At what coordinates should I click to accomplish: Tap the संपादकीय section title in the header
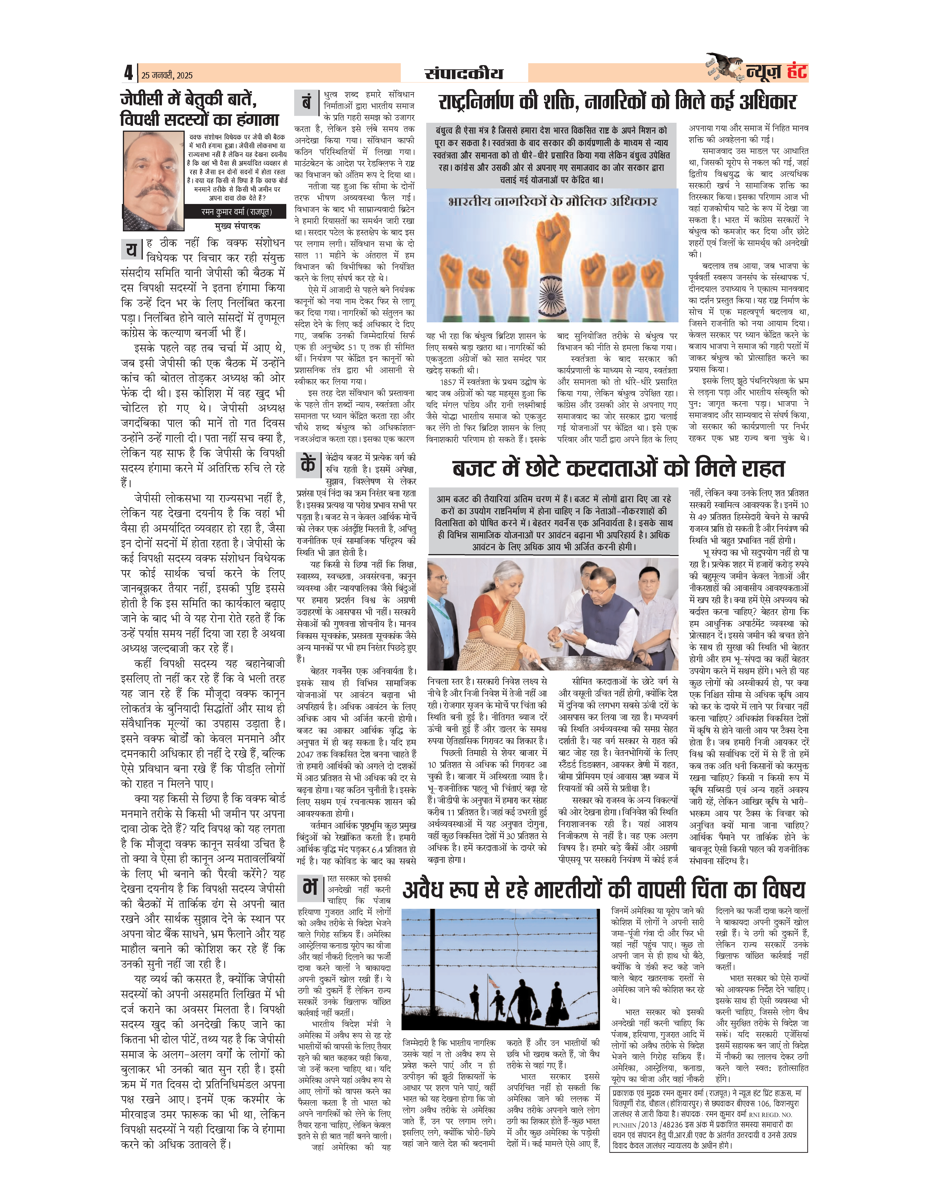point(463,73)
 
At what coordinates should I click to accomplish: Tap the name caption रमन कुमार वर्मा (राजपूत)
point(236,211)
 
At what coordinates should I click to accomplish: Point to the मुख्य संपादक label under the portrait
point(237,226)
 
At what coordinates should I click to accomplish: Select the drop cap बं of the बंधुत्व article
point(307,102)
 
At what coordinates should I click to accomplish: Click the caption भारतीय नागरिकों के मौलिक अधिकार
point(552,202)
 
